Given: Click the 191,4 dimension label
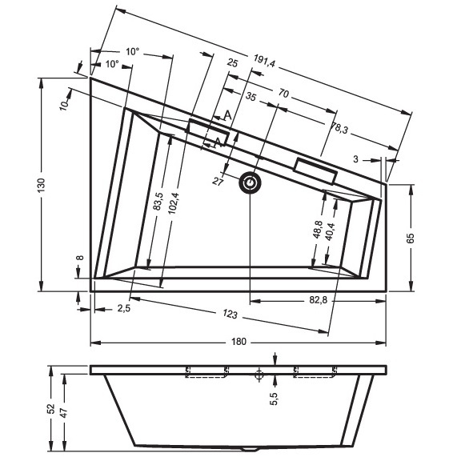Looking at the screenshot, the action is coord(264,61).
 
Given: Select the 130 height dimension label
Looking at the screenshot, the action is coord(42,185).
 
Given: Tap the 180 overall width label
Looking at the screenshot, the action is coord(239,341).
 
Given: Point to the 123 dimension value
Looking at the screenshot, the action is coord(230,315).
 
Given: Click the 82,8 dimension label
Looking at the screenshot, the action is coord(319,299).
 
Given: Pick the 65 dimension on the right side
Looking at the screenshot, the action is coord(410,238).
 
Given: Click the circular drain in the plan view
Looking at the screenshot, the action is coord(250,182).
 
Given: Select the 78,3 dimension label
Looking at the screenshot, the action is coord(339,127).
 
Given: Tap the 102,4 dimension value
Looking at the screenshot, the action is coord(174,203).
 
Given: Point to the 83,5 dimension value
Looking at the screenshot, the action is coord(158,201).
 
